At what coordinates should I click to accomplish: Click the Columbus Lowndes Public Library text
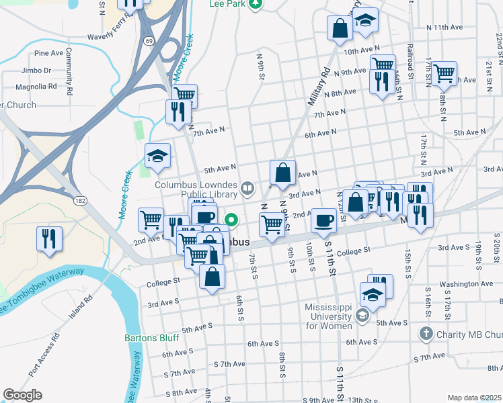point(196,189)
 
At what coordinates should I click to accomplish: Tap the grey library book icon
point(247,189)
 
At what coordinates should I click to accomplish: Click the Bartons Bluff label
point(149,338)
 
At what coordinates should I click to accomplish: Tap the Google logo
point(22,395)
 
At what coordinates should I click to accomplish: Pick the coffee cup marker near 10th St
point(325,220)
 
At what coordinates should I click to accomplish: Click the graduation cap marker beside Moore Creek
point(157,156)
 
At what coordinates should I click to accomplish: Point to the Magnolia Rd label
point(36,86)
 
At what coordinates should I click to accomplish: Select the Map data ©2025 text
point(473,398)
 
